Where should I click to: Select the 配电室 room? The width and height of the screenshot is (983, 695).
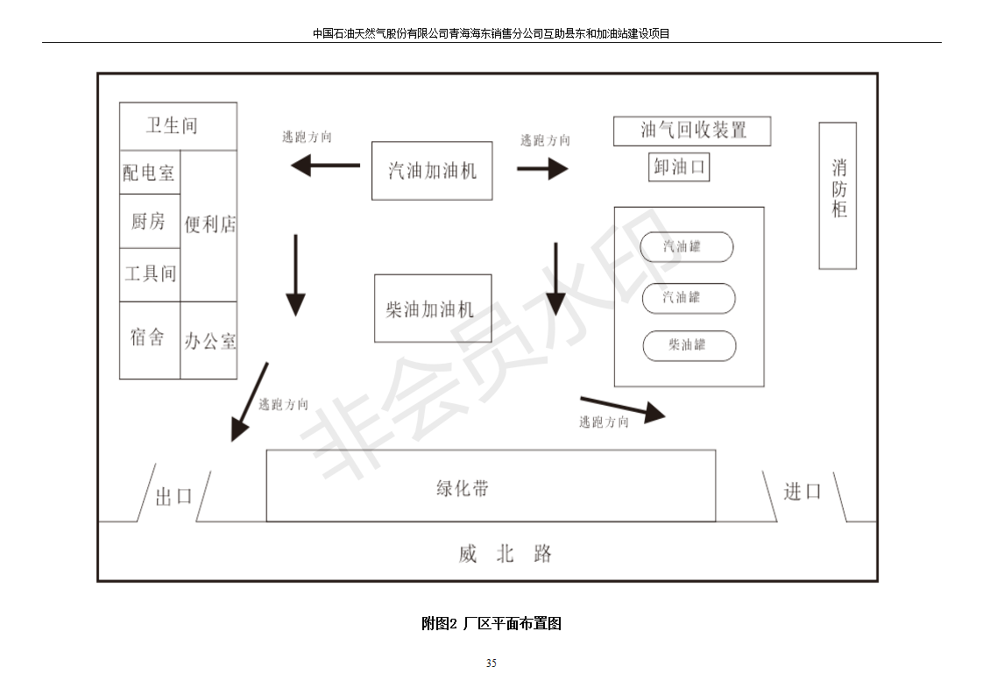(149, 173)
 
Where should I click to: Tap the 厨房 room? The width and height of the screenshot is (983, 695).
(149, 221)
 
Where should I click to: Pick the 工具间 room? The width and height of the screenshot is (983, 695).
(149, 274)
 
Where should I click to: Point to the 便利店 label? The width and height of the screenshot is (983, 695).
(209, 224)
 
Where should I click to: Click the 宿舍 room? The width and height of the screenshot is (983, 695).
(149, 338)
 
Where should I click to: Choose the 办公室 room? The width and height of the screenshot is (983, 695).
(209, 341)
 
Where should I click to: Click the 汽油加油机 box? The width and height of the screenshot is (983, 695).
(432, 170)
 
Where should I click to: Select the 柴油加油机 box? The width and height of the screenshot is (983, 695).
(433, 308)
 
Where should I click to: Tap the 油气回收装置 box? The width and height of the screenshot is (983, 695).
(692, 131)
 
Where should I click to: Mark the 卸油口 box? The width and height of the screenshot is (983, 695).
(679, 167)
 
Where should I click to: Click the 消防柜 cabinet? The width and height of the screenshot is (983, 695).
(838, 195)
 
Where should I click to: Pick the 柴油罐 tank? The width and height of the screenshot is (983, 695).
(689, 345)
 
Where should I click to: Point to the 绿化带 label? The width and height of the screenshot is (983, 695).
(463, 488)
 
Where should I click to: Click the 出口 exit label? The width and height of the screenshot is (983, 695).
(173, 497)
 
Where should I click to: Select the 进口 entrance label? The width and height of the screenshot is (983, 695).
(803, 492)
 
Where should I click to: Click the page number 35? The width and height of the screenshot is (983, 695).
(491, 663)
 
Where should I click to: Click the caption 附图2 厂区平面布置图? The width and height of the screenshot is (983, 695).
(491, 624)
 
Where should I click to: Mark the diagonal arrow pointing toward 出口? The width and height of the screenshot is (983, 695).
(249, 402)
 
